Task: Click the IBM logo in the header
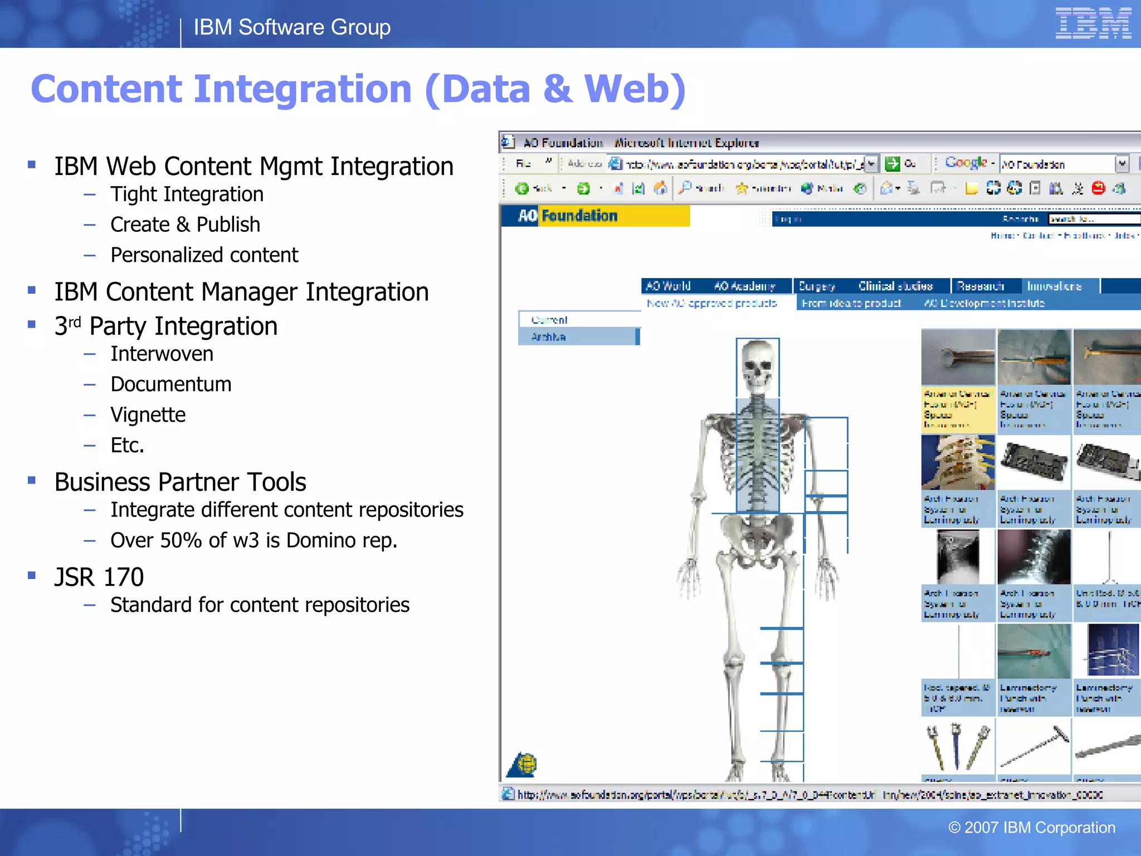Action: coord(1093,23)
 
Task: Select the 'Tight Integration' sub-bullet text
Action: coord(187,194)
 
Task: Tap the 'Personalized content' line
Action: coord(204,255)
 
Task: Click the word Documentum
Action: coord(170,385)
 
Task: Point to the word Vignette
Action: coord(148,415)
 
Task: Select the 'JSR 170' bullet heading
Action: coord(99,577)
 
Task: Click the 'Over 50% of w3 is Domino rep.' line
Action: coord(253,541)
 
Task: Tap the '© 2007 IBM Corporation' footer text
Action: coord(1031,828)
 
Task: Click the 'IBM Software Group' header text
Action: coord(292,27)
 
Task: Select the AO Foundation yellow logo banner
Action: coord(596,216)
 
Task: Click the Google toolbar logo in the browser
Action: coord(966,163)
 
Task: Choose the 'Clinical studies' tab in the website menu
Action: coord(895,286)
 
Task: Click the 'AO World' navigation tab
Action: coord(668,286)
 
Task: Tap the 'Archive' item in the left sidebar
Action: coord(548,337)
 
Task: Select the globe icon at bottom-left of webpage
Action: coord(523,765)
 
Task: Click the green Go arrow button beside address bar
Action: coord(893,164)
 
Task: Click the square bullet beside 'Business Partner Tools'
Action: coord(32,480)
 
